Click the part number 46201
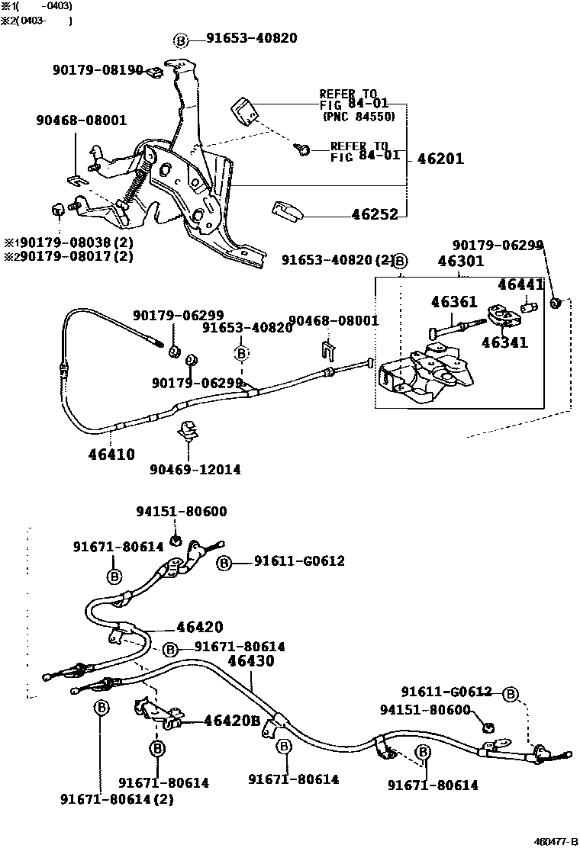click(440, 159)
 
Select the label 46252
click(375, 215)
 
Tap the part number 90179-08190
click(98, 70)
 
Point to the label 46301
click(460, 262)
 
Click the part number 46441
click(521, 284)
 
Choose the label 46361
click(454, 302)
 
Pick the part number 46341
click(504, 342)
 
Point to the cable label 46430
click(251, 661)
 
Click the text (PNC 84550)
click(359, 117)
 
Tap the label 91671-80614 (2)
click(117, 799)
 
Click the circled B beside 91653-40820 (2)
click(401, 261)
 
